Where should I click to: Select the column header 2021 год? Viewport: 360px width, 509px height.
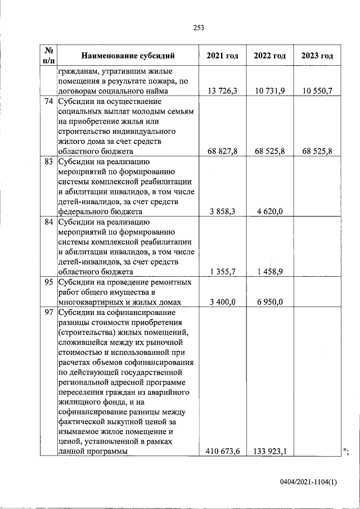(222, 56)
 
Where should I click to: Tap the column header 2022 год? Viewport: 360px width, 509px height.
(270, 56)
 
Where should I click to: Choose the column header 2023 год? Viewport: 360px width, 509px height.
(317, 56)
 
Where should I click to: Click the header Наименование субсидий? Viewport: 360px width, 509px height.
(128, 56)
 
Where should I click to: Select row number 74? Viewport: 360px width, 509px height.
(48, 102)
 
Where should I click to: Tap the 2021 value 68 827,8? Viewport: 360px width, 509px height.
(223, 152)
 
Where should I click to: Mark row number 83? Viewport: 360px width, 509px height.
(48, 162)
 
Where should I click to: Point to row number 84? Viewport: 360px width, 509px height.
(48, 222)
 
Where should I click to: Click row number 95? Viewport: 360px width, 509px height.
(48, 282)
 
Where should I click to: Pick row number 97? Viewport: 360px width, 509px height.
(48, 312)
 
